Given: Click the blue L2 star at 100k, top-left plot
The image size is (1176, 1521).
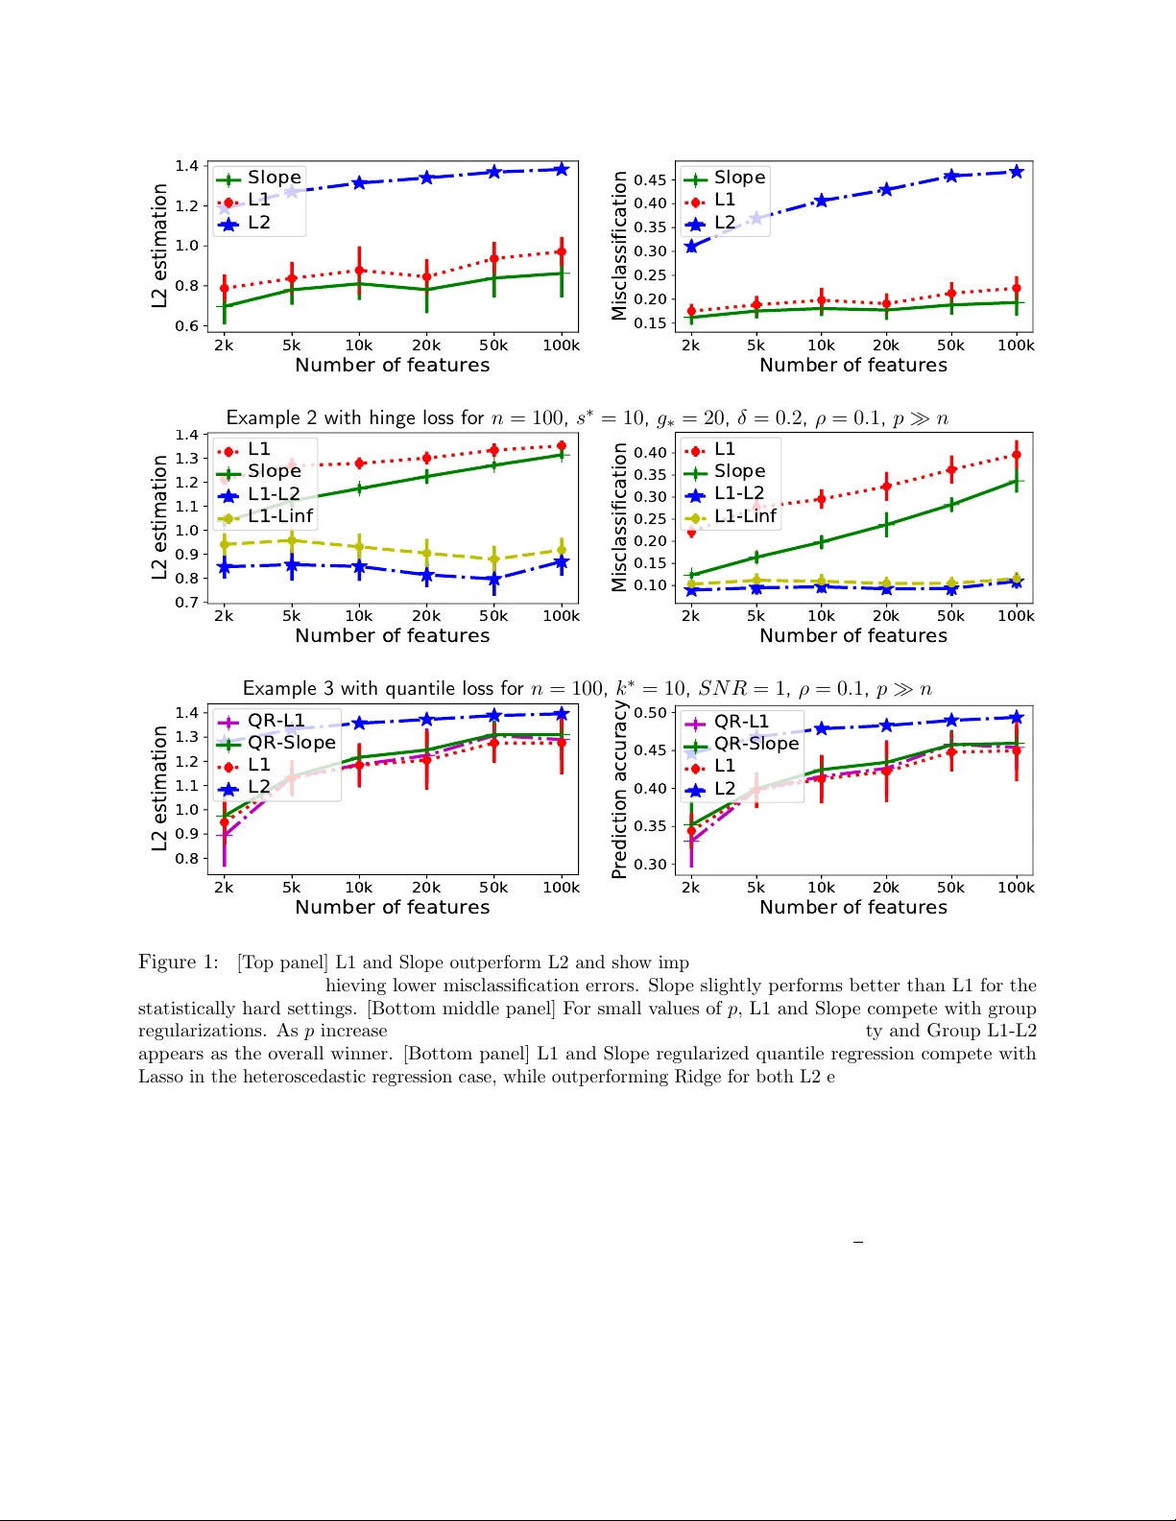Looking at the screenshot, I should [x=562, y=169].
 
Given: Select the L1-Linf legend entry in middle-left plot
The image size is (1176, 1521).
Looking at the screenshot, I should [x=279, y=516].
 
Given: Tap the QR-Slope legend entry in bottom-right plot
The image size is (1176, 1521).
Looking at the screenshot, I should [x=756, y=744].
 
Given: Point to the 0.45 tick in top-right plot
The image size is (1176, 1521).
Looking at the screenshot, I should [x=650, y=180].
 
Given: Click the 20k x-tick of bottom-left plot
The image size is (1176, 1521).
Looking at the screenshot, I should [x=426, y=888].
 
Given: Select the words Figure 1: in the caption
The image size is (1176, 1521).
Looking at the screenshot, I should [x=179, y=963].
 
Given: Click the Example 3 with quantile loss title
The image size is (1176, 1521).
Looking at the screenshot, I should [x=587, y=689].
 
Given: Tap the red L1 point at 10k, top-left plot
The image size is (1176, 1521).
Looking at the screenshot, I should [x=359, y=271].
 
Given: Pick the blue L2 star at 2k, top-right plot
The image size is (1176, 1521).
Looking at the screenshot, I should [x=691, y=247].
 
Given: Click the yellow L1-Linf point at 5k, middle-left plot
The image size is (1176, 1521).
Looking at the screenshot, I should [x=292, y=540].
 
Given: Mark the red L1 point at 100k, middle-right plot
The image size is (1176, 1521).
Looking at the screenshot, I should [x=1017, y=455].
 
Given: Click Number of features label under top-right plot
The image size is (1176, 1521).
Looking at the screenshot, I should [x=852, y=366].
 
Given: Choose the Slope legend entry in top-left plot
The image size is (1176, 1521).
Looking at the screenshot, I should [x=274, y=178].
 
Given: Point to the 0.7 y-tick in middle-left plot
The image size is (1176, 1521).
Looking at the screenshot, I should [x=187, y=603].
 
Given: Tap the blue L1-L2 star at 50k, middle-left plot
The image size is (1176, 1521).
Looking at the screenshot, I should [x=494, y=580].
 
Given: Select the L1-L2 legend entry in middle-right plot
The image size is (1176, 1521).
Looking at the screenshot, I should [x=739, y=493].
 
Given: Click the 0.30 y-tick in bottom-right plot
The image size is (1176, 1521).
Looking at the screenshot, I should [x=650, y=865].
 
